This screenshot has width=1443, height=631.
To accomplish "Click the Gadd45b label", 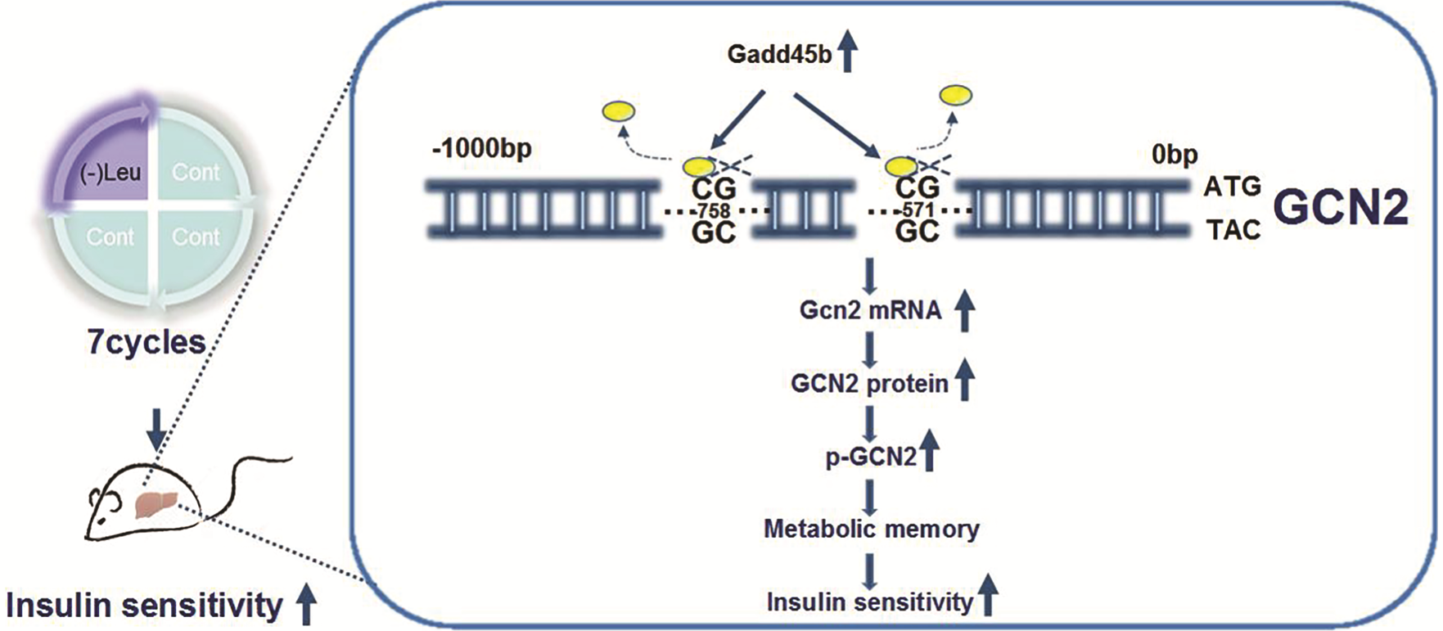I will coord(778,55).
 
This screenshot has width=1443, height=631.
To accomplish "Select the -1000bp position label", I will coord(481,149).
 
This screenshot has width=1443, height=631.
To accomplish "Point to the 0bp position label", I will coord(1175,154).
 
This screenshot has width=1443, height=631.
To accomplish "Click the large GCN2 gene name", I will coord(1342,208).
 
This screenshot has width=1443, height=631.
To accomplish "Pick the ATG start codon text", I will coord(1232,187).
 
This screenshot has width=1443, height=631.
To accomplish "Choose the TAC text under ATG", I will coord(1233,231).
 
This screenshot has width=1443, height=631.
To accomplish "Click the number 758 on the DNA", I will coord(714,211).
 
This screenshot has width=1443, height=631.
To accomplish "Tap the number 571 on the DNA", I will coord(918,210).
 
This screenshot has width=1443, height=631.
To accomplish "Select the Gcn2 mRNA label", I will coord(870,311).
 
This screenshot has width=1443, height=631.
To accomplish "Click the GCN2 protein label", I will coord(869,384).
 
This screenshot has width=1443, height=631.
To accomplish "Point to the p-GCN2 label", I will coord(871,457).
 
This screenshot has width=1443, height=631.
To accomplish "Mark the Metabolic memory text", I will coord(871,529).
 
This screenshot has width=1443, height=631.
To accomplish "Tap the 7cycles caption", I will coord(147,342).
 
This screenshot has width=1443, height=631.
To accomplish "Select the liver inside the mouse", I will coord(156,503).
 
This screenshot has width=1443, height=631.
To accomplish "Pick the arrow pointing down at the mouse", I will coord(156,428).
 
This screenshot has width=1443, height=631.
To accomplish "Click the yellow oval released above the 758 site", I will coord(618,110).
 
